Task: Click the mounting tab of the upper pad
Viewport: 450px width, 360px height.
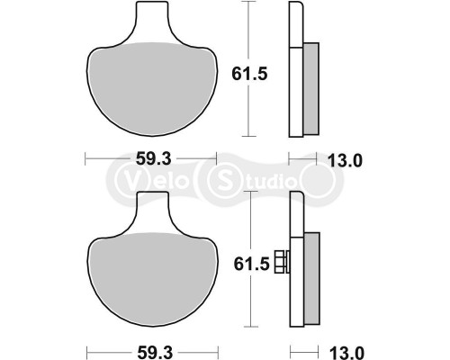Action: [x=151, y=22]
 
